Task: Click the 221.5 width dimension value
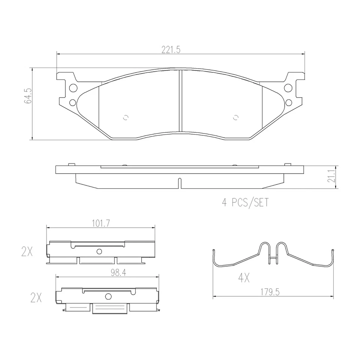[171, 49]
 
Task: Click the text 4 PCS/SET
[246, 203]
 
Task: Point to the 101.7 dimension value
[100, 223]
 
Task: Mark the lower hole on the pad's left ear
[72, 102]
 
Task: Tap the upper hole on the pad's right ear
[288, 88]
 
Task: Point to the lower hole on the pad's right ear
[288, 102]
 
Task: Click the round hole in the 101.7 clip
[99, 251]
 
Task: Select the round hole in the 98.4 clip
[108, 297]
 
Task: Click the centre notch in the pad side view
[180, 183]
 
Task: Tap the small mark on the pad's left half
[126, 117]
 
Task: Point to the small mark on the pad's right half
[235, 117]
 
